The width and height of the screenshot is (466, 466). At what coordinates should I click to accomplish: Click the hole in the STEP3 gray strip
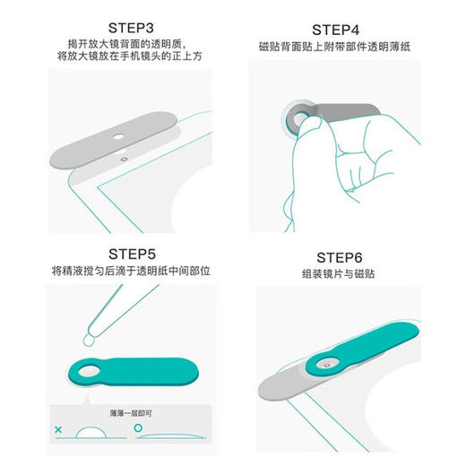pos(119,137)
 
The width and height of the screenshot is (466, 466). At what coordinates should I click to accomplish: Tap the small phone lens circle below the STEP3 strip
pos(123,156)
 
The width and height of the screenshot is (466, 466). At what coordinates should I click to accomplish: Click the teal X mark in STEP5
pos(58,430)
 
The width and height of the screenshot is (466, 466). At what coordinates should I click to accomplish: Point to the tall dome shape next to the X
pos(90,432)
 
